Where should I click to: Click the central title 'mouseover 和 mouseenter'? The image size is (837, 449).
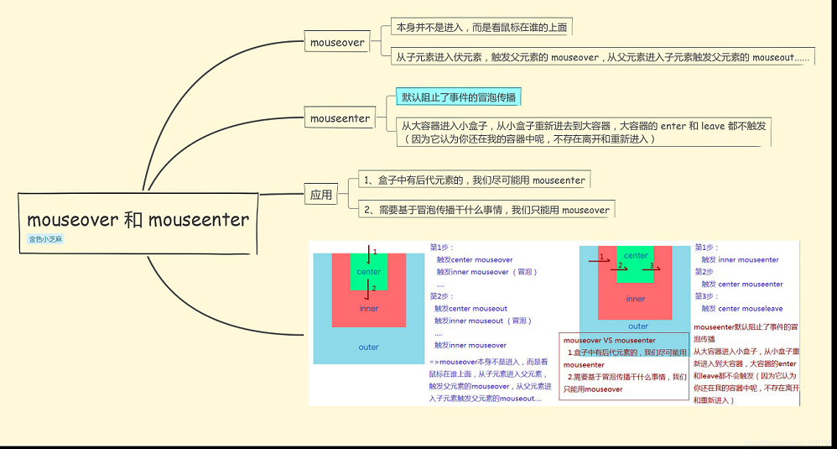click(x=138, y=220)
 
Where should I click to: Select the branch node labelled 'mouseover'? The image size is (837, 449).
click(x=337, y=42)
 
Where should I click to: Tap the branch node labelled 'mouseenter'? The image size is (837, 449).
click(x=340, y=118)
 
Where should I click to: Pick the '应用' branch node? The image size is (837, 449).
click(x=321, y=195)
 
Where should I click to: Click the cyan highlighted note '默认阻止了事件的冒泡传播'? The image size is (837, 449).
click(x=459, y=97)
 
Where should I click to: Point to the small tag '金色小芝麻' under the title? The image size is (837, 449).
click(x=46, y=239)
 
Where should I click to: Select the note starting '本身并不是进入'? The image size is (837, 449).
click(x=482, y=27)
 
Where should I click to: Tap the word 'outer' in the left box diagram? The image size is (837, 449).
click(x=369, y=347)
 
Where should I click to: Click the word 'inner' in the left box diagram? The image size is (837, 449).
click(x=369, y=308)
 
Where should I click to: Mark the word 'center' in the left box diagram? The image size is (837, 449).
click(x=369, y=272)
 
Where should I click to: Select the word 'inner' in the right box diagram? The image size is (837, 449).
click(x=636, y=299)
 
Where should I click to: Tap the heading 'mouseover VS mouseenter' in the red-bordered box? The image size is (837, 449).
click(x=610, y=341)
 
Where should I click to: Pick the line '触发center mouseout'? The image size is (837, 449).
click(x=471, y=309)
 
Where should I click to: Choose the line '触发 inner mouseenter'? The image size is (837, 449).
click(x=741, y=260)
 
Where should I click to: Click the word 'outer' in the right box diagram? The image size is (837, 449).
click(x=638, y=326)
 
